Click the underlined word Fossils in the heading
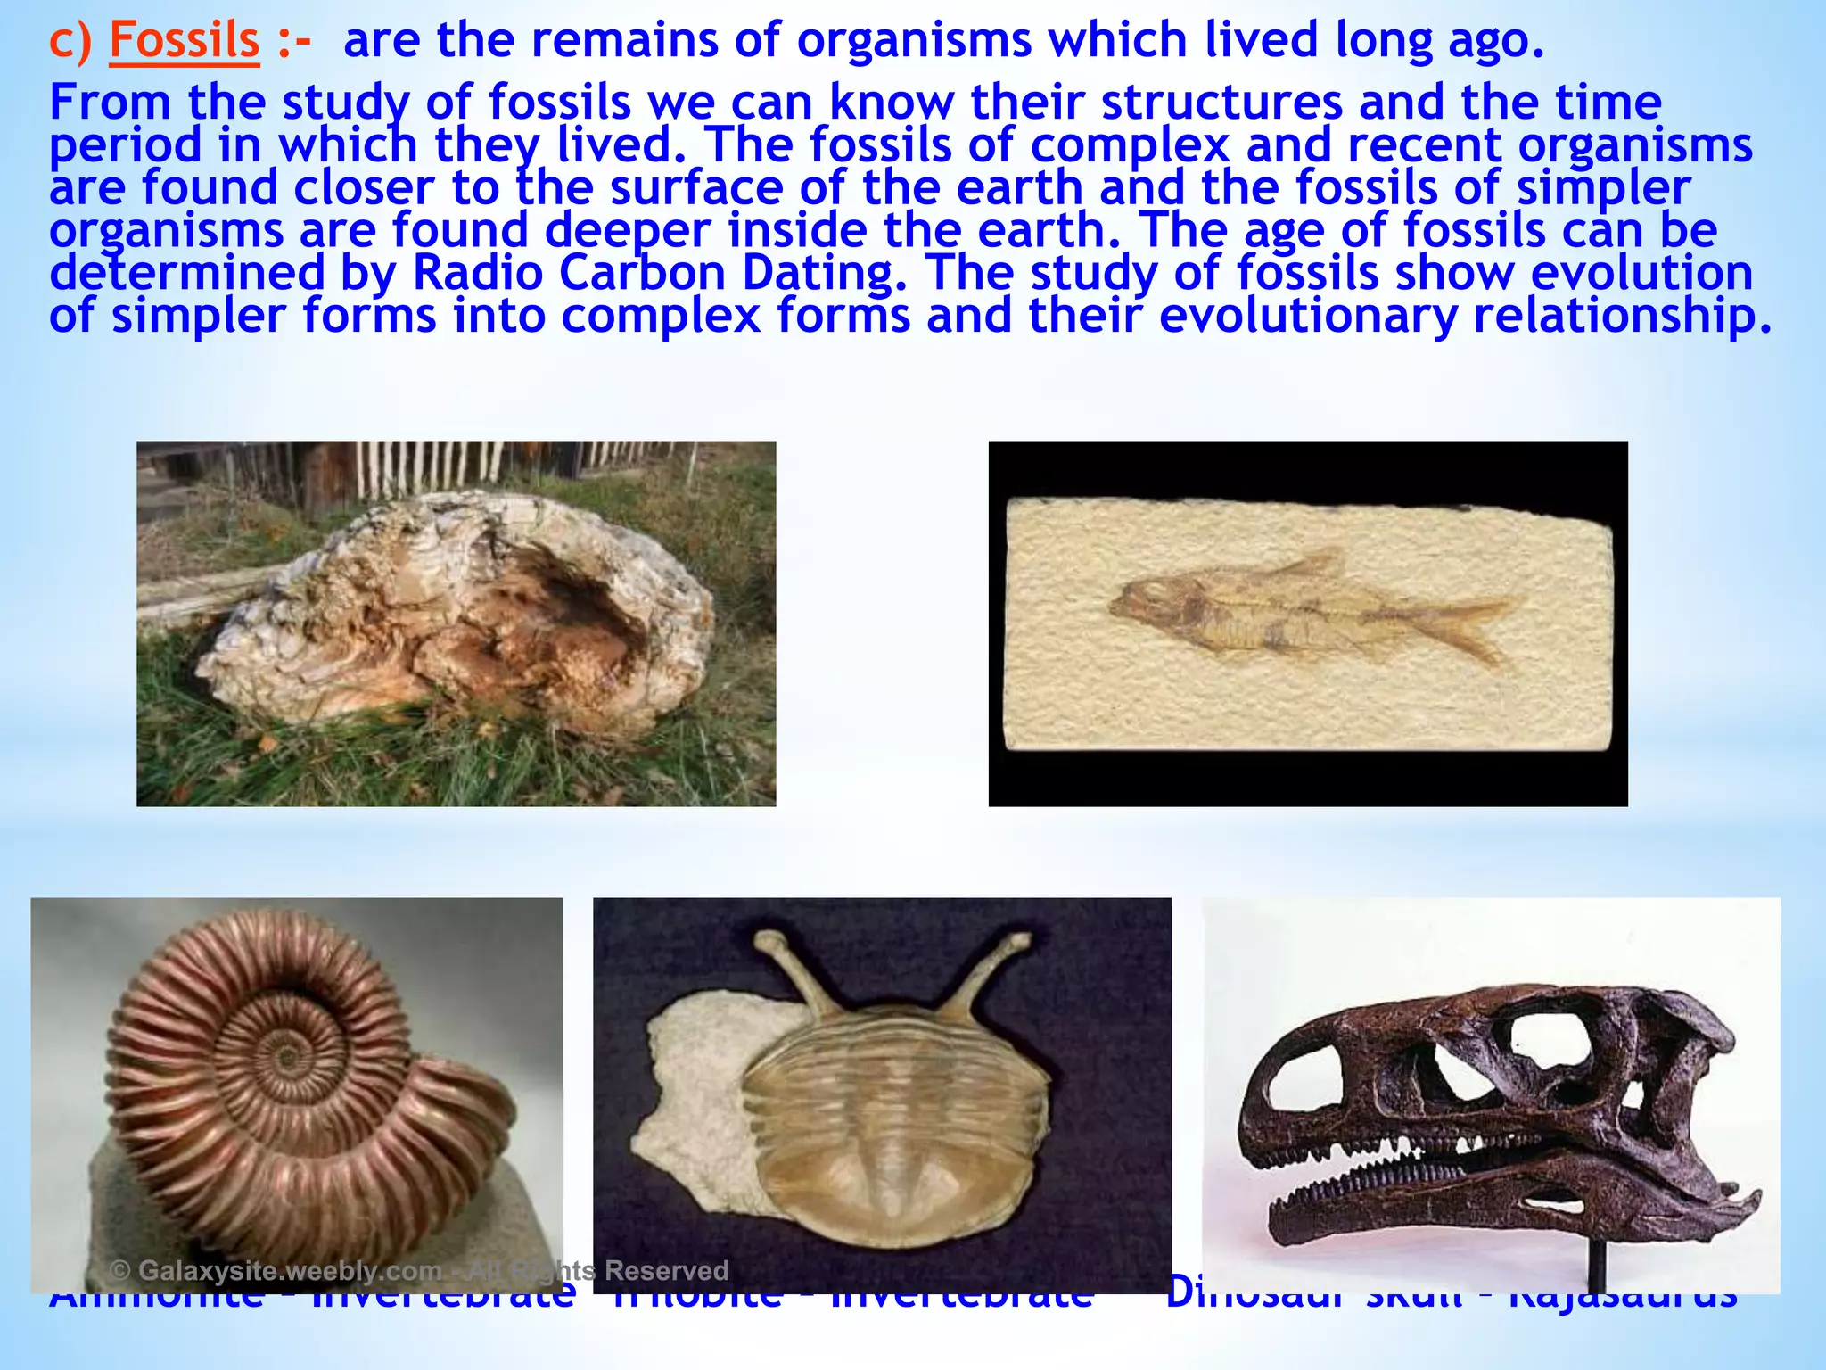pyautogui.click(x=184, y=41)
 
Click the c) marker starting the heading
pyautogui.click(x=70, y=41)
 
